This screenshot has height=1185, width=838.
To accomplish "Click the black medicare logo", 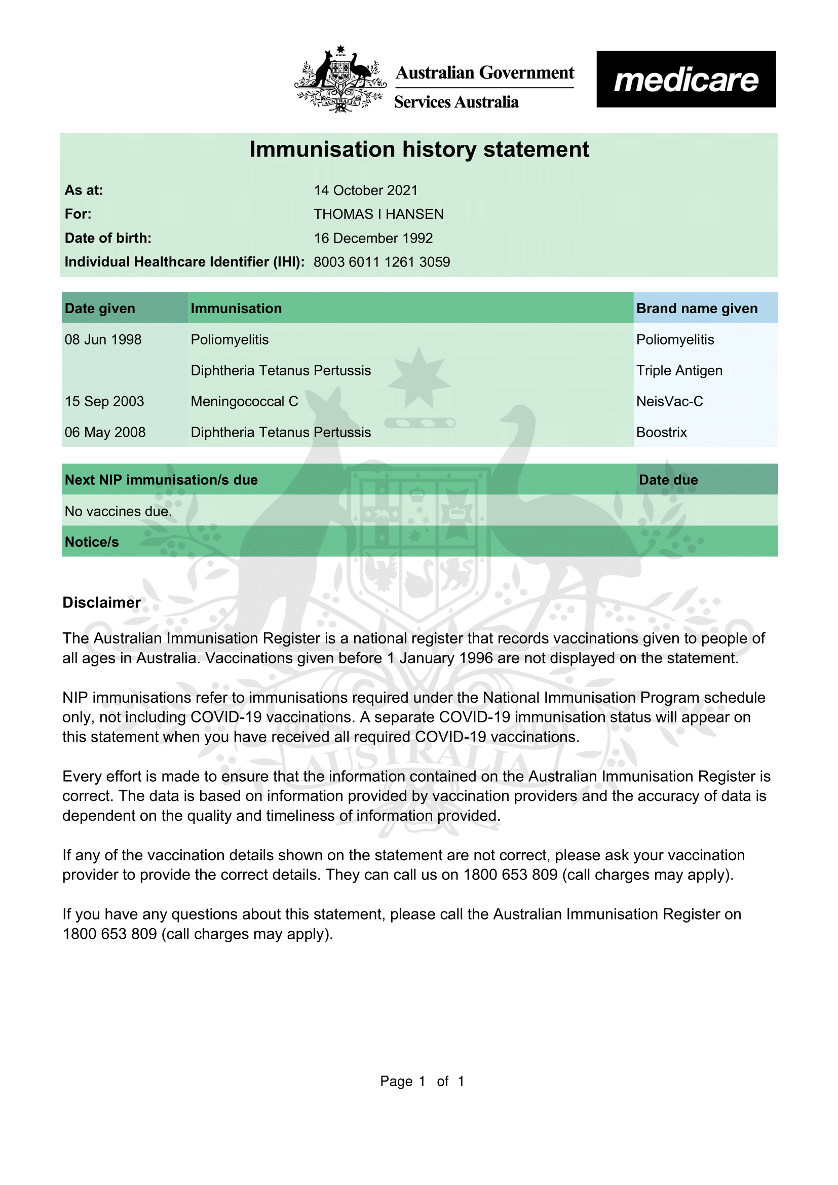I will [x=686, y=79].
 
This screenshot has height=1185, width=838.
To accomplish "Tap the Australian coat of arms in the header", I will [x=340, y=79].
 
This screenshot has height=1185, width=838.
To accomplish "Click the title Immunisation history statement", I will [x=419, y=149].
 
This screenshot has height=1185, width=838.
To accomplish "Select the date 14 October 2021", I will [x=365, y=190].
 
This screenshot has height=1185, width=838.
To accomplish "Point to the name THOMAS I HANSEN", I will [x=378, y=214].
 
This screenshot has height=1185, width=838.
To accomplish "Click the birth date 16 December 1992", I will [x=373, y=238].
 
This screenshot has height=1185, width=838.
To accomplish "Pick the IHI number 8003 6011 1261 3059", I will [x=382, y=262].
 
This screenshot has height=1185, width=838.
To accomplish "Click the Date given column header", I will [x=100, y=309].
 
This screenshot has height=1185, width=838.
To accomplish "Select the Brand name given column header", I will [x=697, y=309].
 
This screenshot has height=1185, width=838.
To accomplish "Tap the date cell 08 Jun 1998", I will [x=103, y=339].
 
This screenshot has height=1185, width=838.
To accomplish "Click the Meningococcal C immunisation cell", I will [x=244, y=402].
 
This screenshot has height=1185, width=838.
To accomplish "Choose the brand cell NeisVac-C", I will [x=669, y=402].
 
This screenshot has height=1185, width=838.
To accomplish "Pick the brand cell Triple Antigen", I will [x=679, y=370].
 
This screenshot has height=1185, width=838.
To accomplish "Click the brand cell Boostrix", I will [x=662, y=433].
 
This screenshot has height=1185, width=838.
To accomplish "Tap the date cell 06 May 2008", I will [x=105, y=433].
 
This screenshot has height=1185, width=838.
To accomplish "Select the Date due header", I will [x=668, y=480].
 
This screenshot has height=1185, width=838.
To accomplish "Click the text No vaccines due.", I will [x=118, y=512].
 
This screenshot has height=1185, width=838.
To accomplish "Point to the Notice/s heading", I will [x=91, y=542].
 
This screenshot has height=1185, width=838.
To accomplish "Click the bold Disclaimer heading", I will [x=101, y=603].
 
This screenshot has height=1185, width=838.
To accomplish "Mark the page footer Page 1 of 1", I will [x=422, y=1081].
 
